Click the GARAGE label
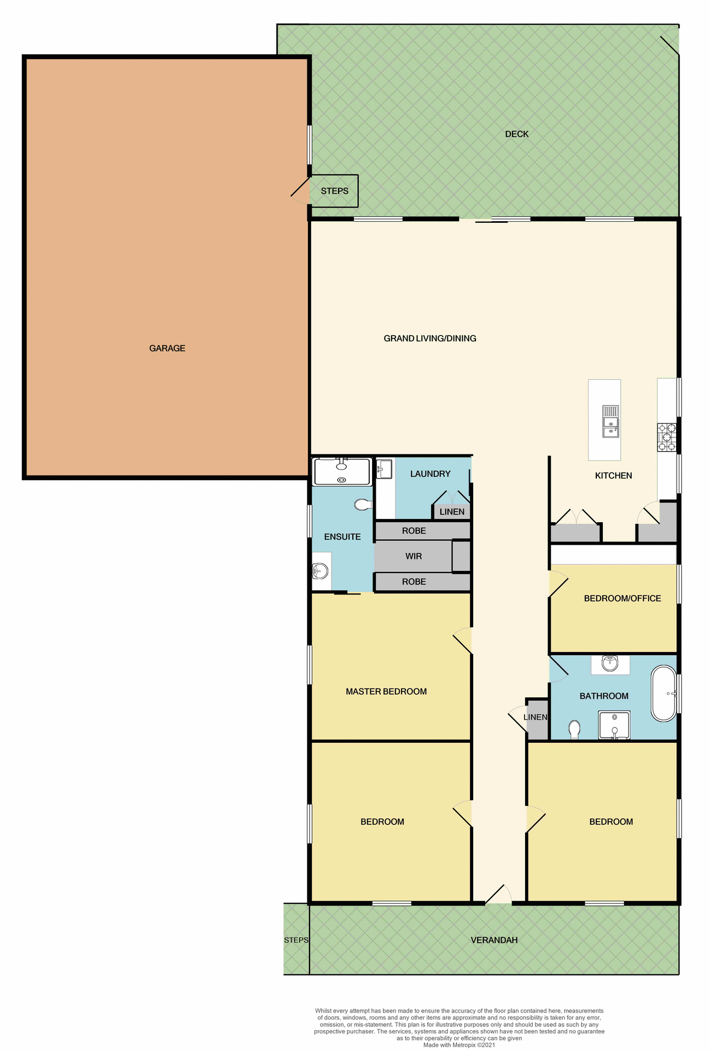[x=167, y=348]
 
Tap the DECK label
[x=516, y=134]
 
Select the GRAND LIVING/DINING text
[x=429, y=338]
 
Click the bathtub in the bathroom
[x=664, y=694]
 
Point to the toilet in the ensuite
[x=362, y=504]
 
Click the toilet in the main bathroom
[x=574, y=729]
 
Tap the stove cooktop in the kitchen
[x=666, y=437]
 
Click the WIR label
[x=414, y=556]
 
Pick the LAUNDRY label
[x=430, y=474]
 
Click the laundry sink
[x=385, y=469]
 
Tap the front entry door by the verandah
[x=498, y=896]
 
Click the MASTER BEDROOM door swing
[x=463, y=640]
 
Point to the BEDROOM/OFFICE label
[x=622, y=598]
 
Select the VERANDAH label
[x=494, y=940]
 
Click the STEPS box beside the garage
[x=334, y=191]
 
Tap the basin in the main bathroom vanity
[x=609, y=663]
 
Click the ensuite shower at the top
[x=342, y=472]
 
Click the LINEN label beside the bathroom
[x=535, y=717]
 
